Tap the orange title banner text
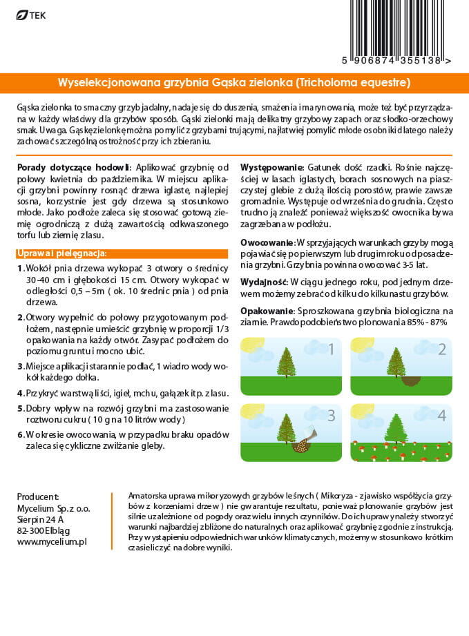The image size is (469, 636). pyautogui.click(x=234, y=83)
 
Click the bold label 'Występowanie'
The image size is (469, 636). pyautogui.click(x=271, y=168)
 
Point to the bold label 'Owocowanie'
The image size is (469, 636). pyautogui.click(x=267, y=243)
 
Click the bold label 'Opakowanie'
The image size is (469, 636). pyautogui.click(x=267, y=311)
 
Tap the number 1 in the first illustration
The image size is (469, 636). pyautogui.click(x=331, y=349)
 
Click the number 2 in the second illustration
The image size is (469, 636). pyautogui.click(x=442, y=349)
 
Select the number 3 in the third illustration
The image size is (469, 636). pyautogui.click(x=331, y=416)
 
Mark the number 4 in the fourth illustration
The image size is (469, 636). pyautogui.click(x=442, y=416)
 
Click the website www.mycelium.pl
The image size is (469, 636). pyautogui.click(x=52, y=543)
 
